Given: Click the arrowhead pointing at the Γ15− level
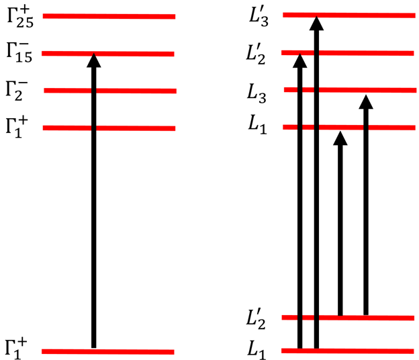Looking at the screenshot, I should [94, 60].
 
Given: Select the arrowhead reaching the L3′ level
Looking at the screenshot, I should [316, 23].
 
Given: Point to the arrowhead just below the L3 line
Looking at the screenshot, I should [365, 102].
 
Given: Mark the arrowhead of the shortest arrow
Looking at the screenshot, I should [340, 138].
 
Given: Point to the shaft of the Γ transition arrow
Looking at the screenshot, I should [94, 201].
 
